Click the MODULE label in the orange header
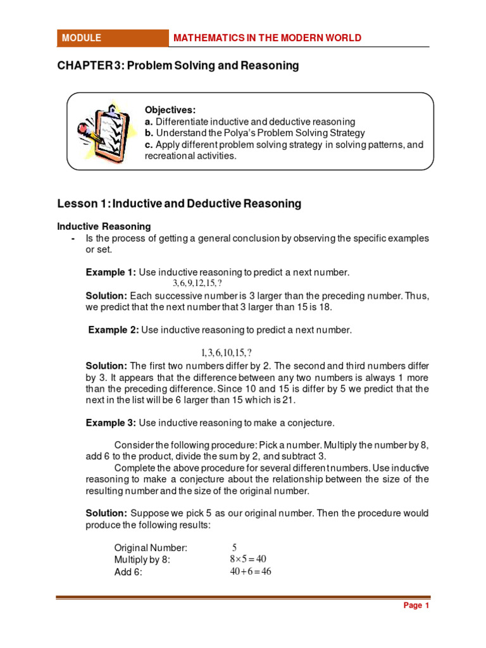tap(81, 38)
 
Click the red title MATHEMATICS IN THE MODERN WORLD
tap(268, 38)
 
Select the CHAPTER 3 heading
tap(178, 66)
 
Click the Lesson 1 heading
tap(179, 204)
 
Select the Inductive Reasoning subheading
tap(104, 226)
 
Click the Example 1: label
tap(111, 272)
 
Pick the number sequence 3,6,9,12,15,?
tap(197, 283)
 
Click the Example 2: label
tap(113, 330)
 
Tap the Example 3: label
tap(111, 422)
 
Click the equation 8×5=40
tap(247, 559)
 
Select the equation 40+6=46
tap(250, 572)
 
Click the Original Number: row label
tap(151, 548)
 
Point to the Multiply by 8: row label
tap(142, 560)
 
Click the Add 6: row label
tap(128, 572)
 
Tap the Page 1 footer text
tap(416, 606)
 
